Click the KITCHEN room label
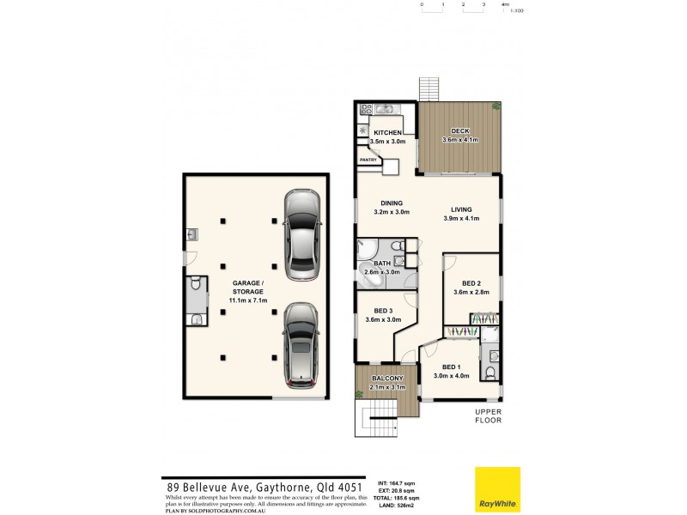[x=387, y=131]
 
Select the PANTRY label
[x=368, y=160]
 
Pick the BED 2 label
[x=471, y=282]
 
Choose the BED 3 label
[x=384, y=310]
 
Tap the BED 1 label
[x=452, y=367]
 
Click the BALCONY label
[x=387, y=379]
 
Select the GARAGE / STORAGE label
[x=250, y=287]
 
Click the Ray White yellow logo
[x=497, y=488]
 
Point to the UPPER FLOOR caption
[x=489, y=416]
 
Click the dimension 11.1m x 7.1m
[x=250, y=300]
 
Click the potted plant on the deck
[x=496, y=106]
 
